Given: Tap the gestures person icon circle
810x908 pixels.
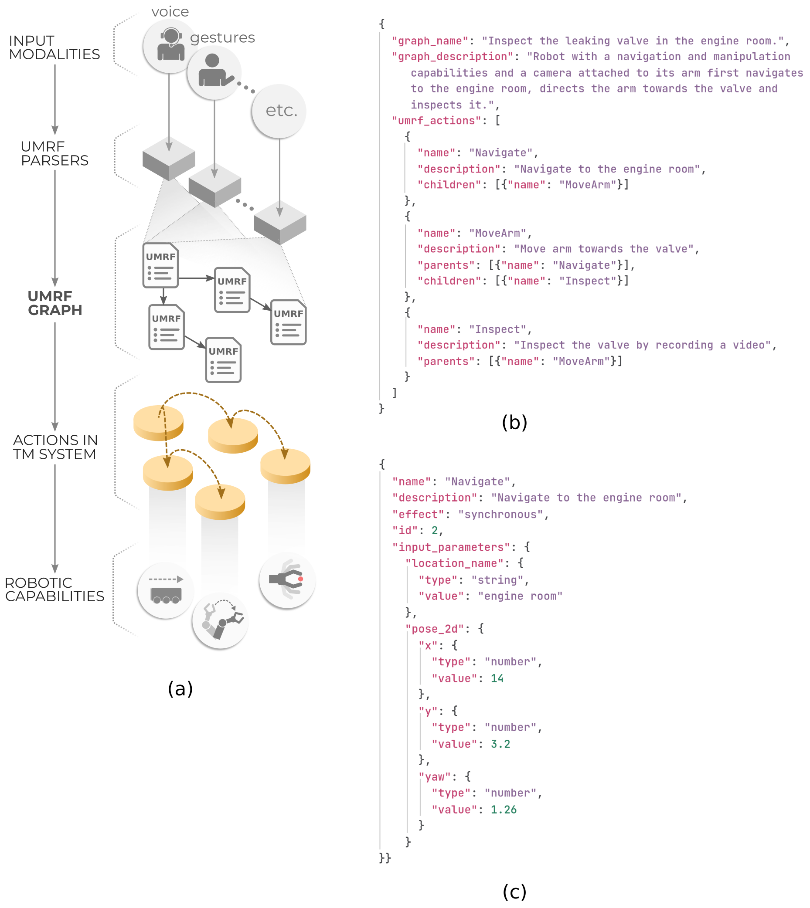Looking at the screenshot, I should tap(214, 72).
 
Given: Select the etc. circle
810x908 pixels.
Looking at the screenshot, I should tap(279, 110).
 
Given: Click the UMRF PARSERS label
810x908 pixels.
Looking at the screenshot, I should tap(54, 153).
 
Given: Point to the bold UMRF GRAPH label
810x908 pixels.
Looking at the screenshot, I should tap(55, 303).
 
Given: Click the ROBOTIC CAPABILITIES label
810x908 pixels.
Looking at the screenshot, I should tap(54, 590).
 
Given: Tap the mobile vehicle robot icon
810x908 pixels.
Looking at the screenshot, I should tap(166, 590).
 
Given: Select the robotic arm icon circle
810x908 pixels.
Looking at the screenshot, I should tap(220, 620).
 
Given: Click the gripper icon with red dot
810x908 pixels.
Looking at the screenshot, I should tap(287, 580).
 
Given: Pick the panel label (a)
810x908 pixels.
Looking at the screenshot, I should tap(180, 689).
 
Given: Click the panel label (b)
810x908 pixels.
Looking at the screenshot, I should tap(514, 422).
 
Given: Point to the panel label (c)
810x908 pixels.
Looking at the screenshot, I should tap(514, 891).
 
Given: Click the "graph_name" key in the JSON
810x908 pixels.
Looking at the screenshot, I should tap(430, 41).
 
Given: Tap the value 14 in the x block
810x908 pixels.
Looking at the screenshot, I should tap(497, 678).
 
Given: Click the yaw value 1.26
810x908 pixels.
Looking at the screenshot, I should tap(504, 810).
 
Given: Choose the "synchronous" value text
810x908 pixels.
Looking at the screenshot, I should tap(500, 514).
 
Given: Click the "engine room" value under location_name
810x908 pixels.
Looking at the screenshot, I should tap(520, 596).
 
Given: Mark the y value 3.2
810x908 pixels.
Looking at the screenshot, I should tap(500, 744).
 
